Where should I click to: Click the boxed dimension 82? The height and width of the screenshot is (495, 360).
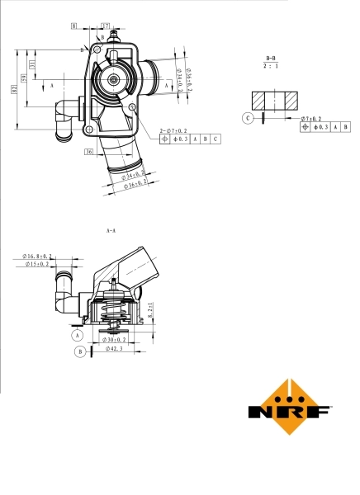pyautogui.click(x=15, y=90)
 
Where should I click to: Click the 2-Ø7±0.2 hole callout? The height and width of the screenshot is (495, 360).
pyautogui.click(x=175, y=130)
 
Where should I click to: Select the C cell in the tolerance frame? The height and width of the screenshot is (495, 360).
pyautogui.click(x=216, y=139)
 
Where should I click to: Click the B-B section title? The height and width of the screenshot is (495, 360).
pyautogui.click(x=271, y=55)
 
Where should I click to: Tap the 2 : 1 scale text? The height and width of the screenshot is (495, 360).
pyautogui.click(x=271, y=64)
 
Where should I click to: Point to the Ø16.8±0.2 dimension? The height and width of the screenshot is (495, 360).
pyautogui.click(x=38, y=257)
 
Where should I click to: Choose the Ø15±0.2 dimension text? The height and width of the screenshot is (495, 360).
pyautogui.click(x=36, y=264)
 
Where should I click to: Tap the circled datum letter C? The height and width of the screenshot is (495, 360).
pyautogui.click(x=248, y=118)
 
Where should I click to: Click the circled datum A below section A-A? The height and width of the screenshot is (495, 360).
pyautogui.click(x=78, y=336)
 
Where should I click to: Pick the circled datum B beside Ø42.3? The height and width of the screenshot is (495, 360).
pyautogui.click(x=80, y=351)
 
